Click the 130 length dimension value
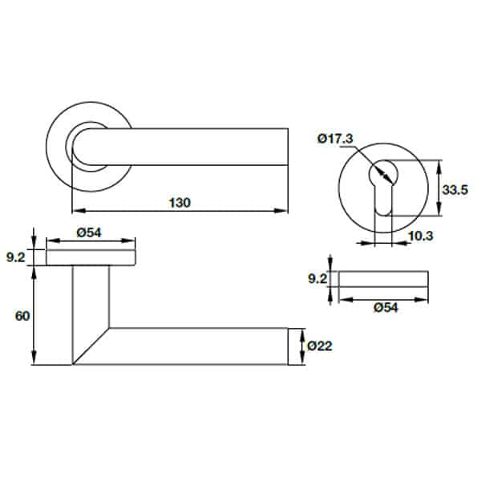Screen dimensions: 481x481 [180, 202]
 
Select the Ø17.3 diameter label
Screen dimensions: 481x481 [335, 139]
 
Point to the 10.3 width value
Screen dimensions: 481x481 [420, 236]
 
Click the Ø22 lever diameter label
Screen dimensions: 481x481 [319, 346]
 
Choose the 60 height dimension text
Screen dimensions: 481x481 [22, 316]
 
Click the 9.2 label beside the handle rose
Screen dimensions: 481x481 [16, 257]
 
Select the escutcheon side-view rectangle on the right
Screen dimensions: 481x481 [382, 279]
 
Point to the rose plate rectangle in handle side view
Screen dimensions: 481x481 [91, 257]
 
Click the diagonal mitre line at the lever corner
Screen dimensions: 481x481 [91, 346]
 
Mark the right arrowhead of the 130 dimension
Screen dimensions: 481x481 [282, 211]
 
